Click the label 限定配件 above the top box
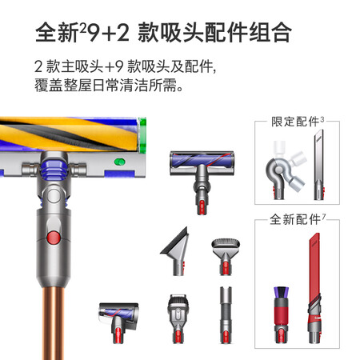pyautogui.click(x=295, y=122)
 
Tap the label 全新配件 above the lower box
pyautogui.click(x=295, y=219)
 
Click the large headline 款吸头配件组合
pyautogui.click(x=214, y=32)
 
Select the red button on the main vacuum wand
pyautogui.click(x=54, y=238)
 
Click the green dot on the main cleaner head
pyautogui.click(x=119, y=162)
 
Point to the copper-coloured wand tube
pyautogui.click(x=54, y=322)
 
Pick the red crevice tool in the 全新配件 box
pyautogui.click(x=314, y=288)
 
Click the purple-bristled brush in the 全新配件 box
pyautogui.click(x=281, y=314)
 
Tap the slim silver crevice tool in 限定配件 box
pyautogui.click(x=319, y=165)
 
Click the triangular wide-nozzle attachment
pyautogui.click(x=176, y=250)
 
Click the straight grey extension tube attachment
pyautogui.click(x=226, y=315)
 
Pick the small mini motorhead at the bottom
pyautogui.click(x=118, y=322)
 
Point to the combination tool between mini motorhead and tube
pyautogui.click(x=178, y=318)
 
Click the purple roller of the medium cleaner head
pyautogui.click(x=202, y=161)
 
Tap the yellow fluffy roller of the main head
pyautogui.click(x=70, y=134)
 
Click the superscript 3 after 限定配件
pyautogui.click(x=322, y=119)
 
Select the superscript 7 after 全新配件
pyautogui.click(x=323, y=217)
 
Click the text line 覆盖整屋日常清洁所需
pyautogui.click(x=109, y=86)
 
